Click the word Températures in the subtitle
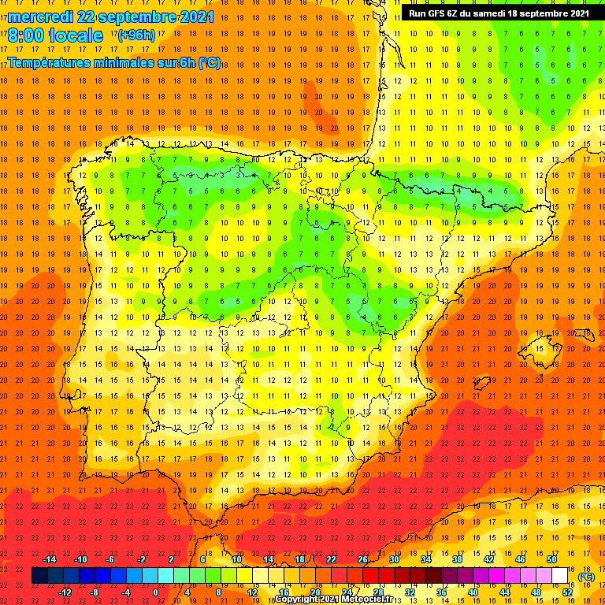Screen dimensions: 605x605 tap(54, 62)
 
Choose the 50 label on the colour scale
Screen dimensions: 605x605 tap(552, 559)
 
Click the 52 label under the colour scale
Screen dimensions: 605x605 tap(567, 592)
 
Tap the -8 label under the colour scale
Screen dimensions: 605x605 tap(95, 592)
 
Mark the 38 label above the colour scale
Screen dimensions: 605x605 tap(458, 559)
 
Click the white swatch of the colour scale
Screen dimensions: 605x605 tap(560, 576)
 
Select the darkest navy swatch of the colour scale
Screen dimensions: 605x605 tap(40, 576)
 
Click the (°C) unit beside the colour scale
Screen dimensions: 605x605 tap(585, 576)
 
